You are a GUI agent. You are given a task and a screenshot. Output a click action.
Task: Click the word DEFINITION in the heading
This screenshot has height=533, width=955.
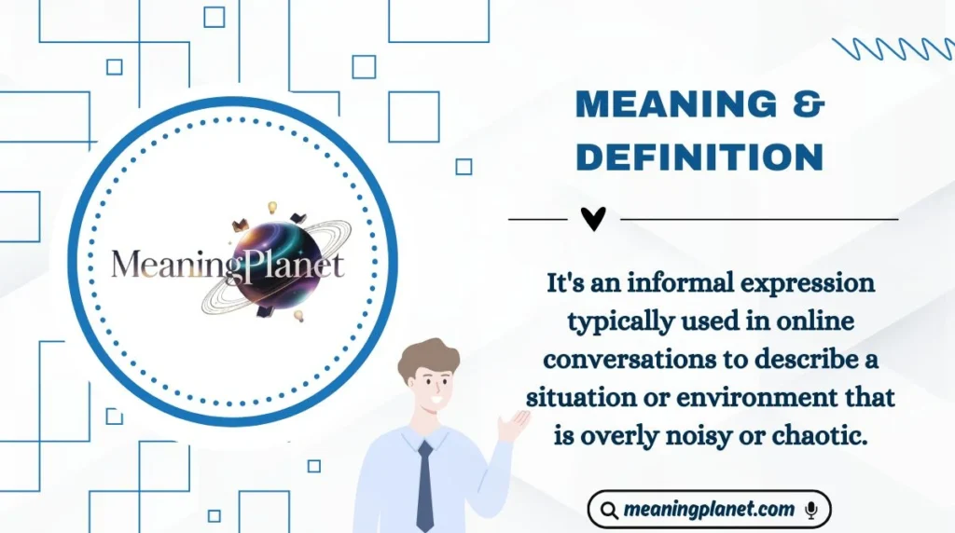[x=699, y=157]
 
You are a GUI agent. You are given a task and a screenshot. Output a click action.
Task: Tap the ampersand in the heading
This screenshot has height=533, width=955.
[x=808, y=104]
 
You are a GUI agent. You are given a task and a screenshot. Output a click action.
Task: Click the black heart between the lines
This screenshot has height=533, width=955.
[x=593, y=219]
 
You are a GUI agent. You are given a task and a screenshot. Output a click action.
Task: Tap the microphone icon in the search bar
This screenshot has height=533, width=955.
[x=810, y=510]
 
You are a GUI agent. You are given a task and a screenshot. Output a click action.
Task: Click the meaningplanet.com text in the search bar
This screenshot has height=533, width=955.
[x=710, y=510]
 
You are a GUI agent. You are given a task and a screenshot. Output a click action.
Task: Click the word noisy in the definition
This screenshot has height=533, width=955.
[x=720, y=435]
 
